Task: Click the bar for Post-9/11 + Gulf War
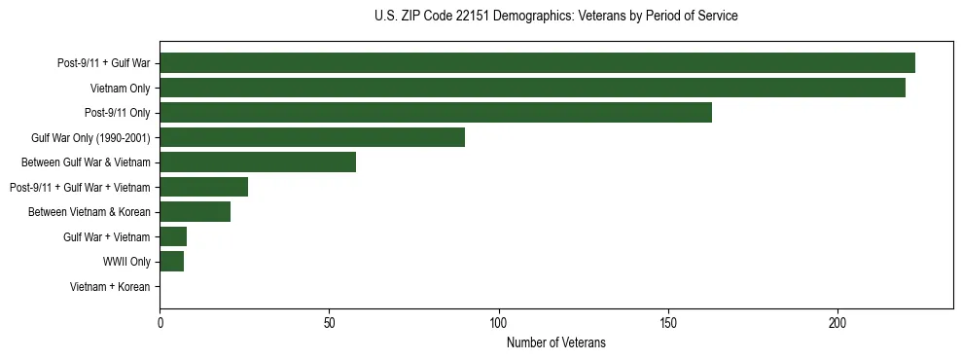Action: [537, 63]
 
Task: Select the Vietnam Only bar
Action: [532, 88]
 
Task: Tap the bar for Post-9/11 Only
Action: [436, 113]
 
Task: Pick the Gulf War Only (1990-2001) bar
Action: [312, 137]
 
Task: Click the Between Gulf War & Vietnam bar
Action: [258, 162]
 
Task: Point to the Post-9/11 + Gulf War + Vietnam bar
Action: [203, 187]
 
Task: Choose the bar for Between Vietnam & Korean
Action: [195, 212]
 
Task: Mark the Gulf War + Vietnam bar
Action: [173, 236]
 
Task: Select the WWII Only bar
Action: [171, 262]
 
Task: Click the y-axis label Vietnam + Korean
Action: [110, 287]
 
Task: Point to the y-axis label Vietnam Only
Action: [120, 89]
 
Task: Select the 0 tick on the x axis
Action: [160, 324]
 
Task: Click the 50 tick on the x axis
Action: [329, 324]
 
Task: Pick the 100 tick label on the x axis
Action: [499, 324]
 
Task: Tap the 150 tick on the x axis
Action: [668, 324]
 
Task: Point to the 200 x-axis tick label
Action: [837, 324]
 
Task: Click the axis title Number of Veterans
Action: [556, 342]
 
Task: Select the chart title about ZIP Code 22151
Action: [556, 17]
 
